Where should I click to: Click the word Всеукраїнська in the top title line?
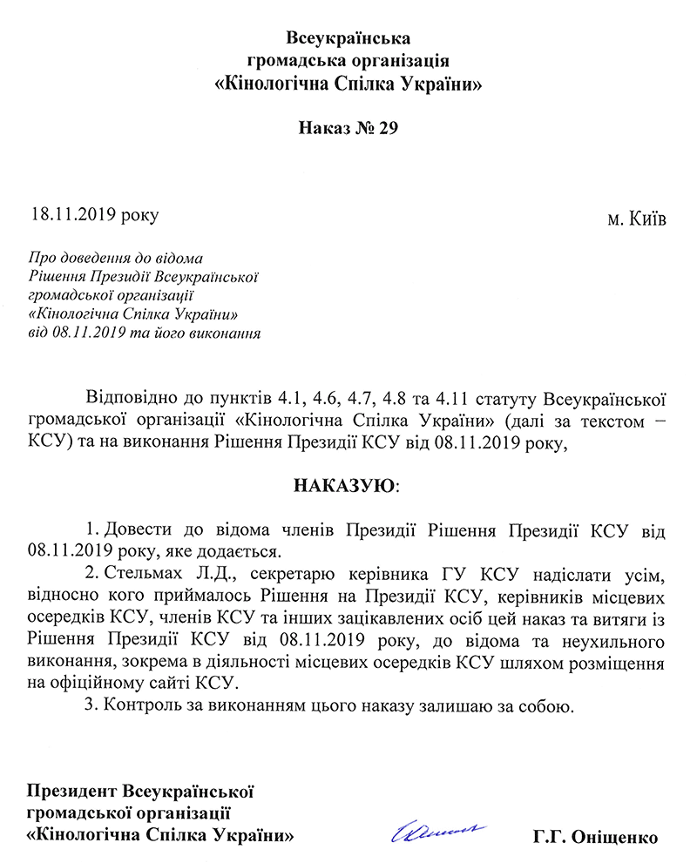tap(348, 38)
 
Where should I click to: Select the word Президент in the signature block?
tap(72, 792)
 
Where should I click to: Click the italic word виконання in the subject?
tap(228, 333)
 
